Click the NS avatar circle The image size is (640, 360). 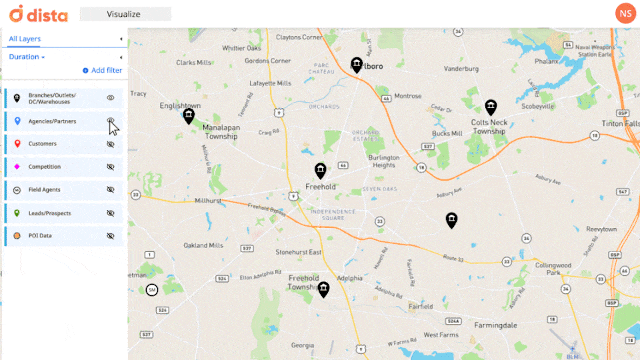625,13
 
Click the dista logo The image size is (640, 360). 39,13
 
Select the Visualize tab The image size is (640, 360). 125,13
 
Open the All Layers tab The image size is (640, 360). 25,39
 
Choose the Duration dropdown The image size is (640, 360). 27,57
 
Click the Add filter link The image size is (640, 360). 103,70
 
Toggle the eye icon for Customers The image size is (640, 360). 111,144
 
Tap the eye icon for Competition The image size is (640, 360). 111,167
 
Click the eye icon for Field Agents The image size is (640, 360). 111,190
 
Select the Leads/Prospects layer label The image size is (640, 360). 49,213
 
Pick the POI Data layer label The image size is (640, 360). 40,236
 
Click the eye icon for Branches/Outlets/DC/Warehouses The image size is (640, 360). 111,98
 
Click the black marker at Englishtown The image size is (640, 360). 189,117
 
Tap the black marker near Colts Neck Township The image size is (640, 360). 491,107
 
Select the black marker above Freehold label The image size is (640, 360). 320,171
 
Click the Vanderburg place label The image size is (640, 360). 461,69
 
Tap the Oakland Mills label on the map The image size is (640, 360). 203,245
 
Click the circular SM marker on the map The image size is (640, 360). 152,289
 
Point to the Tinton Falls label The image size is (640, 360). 620,124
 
